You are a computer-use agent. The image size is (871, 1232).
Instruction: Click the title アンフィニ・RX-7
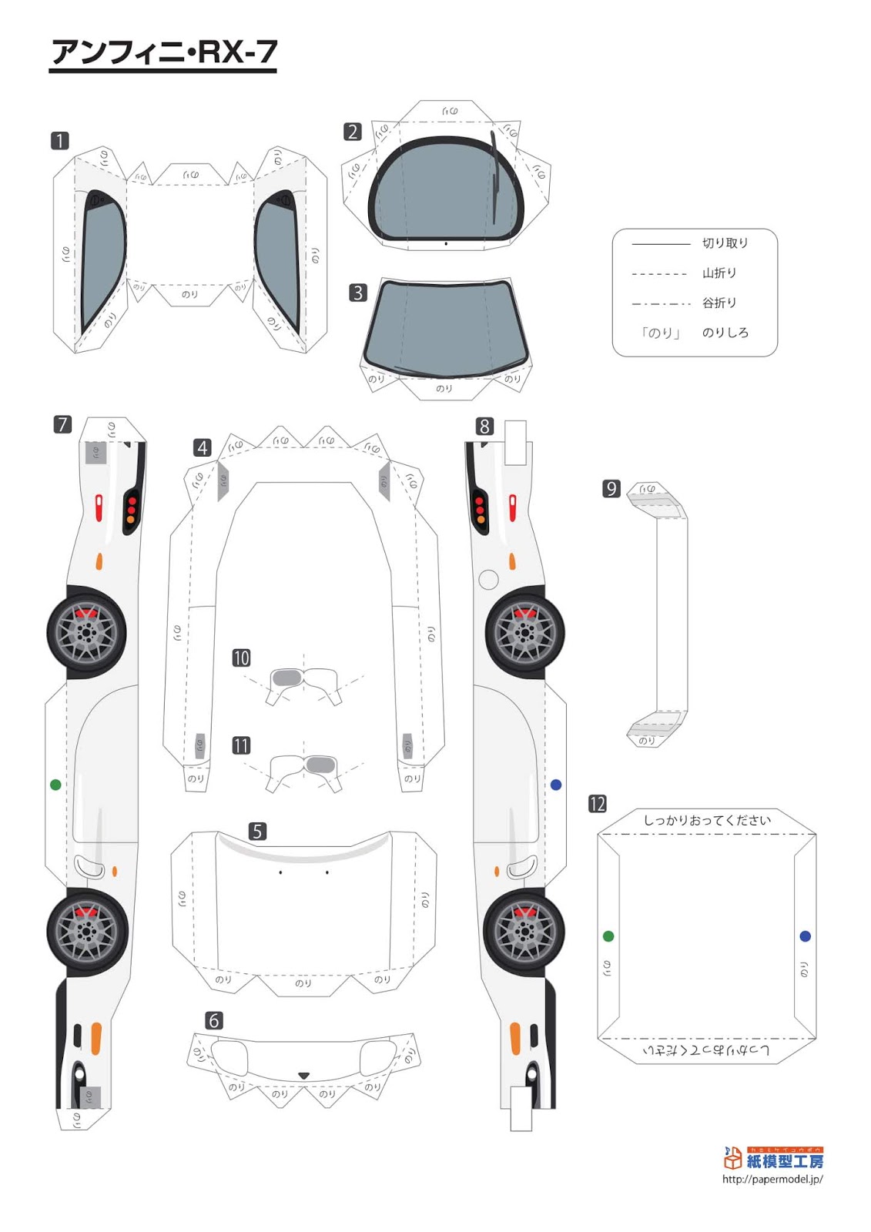click(x=163, y=52)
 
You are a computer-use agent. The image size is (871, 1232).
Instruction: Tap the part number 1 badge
click(x=60, y=141)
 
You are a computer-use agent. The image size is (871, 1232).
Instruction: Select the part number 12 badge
click(x=598, y=804)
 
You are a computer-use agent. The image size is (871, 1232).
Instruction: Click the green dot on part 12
click(x=608, y=936)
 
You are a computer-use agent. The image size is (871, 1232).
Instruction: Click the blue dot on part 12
click(x=806, y=936)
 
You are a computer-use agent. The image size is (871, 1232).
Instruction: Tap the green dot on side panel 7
click(x=55, y=785)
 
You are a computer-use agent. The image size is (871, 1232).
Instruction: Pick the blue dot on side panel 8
click(x=556, y=785)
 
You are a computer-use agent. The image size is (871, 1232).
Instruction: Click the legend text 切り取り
click(x=725, y=243)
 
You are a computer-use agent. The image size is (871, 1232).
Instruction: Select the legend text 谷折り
click(x=719, y=303)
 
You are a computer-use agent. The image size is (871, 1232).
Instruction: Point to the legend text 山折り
click(x=719, y=273)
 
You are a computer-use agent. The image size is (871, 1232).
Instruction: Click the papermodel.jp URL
click(x=772, y=1179)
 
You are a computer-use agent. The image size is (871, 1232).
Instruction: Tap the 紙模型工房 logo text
click(x=784, y=1161)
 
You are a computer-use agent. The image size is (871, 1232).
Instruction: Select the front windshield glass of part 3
click(x=445, y=327)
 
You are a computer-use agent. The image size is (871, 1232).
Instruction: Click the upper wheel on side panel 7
click(x=87, y=633)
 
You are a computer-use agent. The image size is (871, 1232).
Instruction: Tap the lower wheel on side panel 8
click(x=524, y=931)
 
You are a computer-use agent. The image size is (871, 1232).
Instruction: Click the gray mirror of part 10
click(x=286, y=678)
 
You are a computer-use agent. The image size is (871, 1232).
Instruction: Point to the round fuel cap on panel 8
click(x=488, y=579)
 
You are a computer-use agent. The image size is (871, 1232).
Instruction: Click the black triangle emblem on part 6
click(x=303, y=1076)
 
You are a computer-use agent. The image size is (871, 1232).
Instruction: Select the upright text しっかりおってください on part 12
click(x=706, y=821)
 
